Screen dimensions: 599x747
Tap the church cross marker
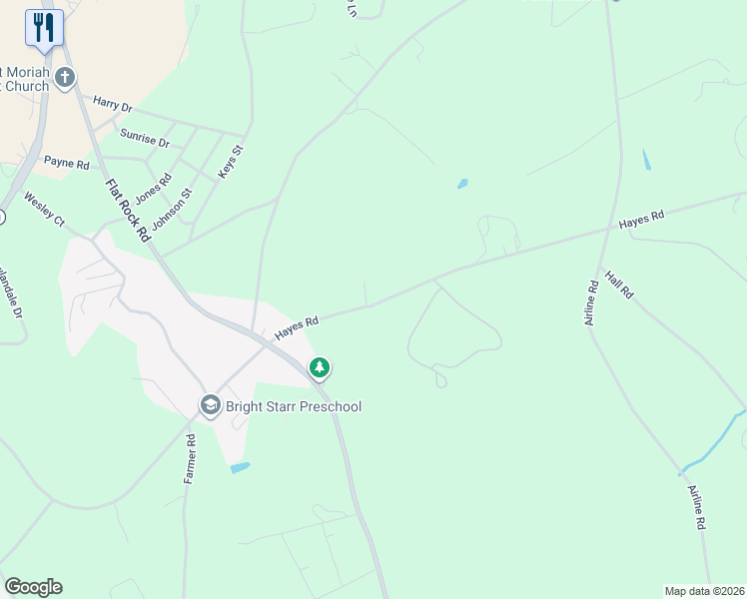coord(66,77)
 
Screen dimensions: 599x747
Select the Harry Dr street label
coord(112,104)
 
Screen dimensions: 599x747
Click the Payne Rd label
coord(66,163)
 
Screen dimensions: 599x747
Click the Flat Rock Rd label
coord(126,208)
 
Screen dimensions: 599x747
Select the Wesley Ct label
coord(44,208)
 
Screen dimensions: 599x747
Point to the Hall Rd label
coord(619,285)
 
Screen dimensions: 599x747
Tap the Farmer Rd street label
coord(190,458)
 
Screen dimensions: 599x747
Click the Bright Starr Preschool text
coord(293,406)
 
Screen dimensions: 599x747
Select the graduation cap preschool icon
coord(210,405)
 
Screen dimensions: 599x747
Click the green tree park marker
coord(320,368)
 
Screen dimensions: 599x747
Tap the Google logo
coord(33,587)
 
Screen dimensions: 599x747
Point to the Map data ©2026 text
coord(704,591)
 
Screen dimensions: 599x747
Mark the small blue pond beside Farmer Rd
coord(240,466)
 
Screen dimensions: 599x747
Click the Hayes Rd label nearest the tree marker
coord(297,325)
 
